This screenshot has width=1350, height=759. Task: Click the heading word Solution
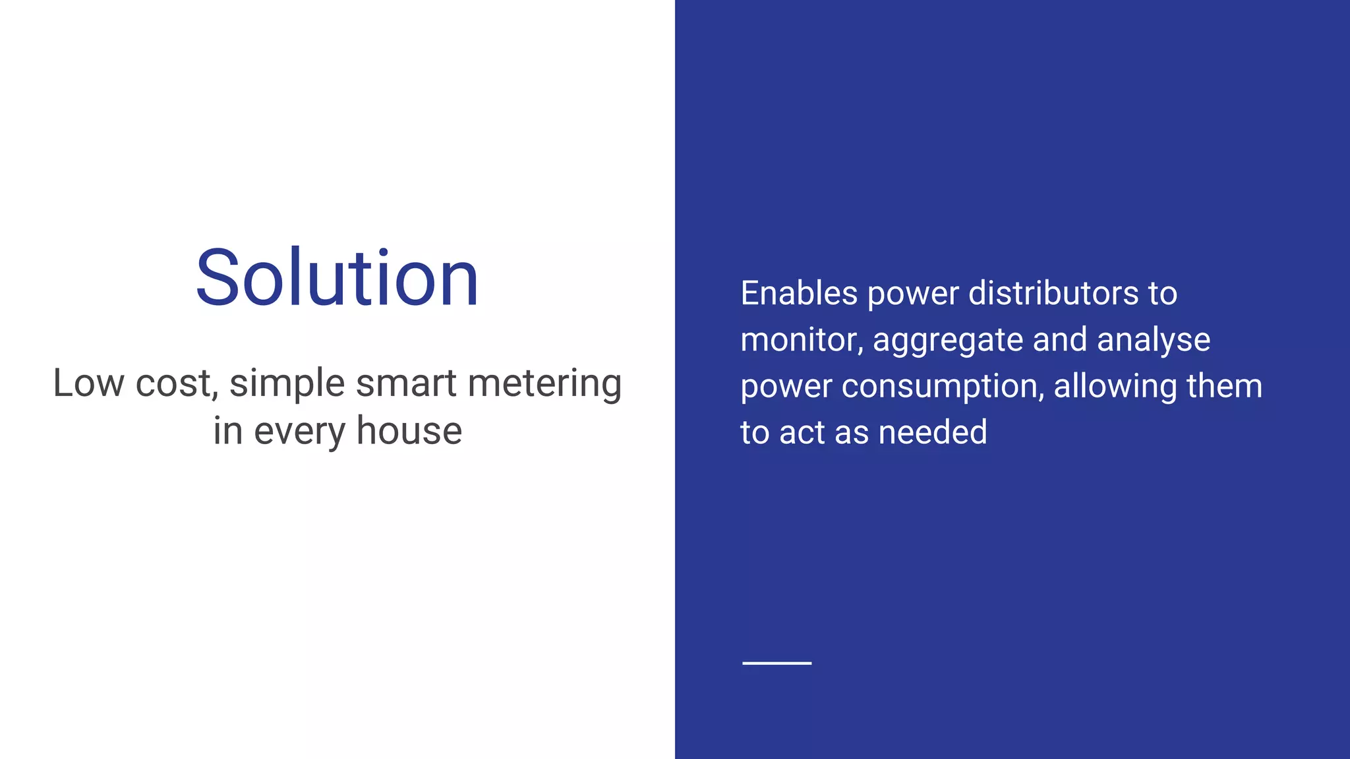pos(337,277)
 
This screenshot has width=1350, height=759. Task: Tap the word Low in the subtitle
pos(88,383)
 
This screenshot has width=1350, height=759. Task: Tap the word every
pos(299,431)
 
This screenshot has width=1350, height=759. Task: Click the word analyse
pos(1154,340)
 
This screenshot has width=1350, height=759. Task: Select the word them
pos(1224,386)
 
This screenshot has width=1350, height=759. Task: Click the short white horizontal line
pos(777,663)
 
